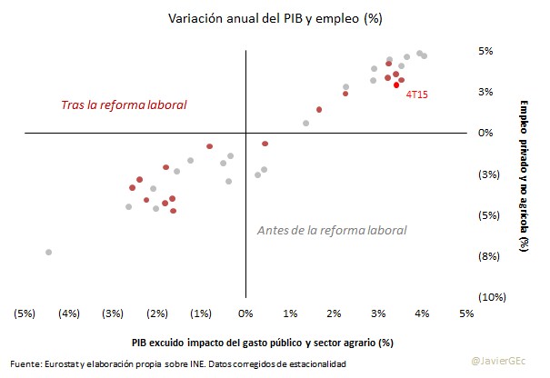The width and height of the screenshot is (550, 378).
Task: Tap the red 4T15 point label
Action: [417, 93]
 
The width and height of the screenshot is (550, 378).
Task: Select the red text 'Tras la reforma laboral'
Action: [124, 105]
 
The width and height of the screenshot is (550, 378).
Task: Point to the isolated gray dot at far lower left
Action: [48, 252]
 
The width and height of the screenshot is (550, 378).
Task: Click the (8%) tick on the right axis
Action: [485, 256]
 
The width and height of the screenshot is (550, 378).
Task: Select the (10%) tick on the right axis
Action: [485, 297]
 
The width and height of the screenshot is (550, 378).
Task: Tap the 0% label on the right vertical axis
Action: [485, 133]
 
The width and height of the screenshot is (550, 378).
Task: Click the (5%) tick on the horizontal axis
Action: [25, 313]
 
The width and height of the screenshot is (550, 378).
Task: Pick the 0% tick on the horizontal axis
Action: [245, 313]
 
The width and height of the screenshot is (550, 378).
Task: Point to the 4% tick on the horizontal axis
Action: [422, 313]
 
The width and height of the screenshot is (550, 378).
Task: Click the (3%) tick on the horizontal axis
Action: [113, 313]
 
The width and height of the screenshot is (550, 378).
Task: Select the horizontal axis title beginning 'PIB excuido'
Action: [262, 343]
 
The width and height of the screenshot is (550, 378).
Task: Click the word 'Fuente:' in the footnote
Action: [26, 363]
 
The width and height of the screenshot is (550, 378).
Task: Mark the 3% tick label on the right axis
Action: [485, 92]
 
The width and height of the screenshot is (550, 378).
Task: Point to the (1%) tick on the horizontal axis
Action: [201, 313]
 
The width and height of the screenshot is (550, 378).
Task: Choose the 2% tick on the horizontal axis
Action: [334, 313]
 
